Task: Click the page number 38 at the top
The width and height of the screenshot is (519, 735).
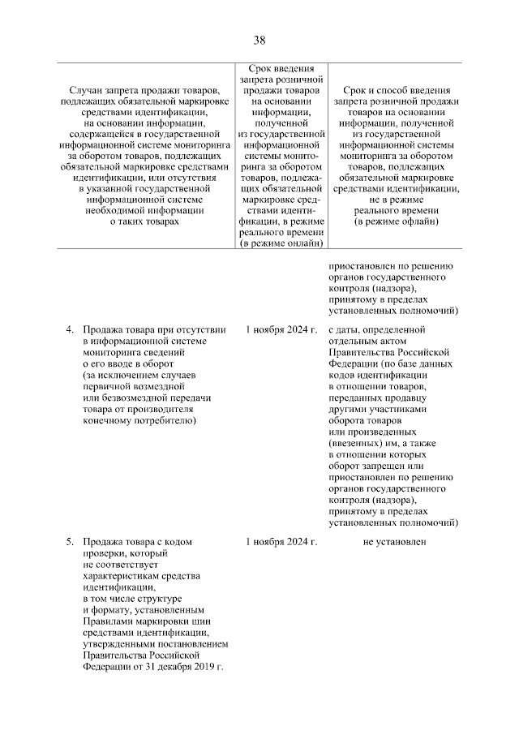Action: coord(259,40)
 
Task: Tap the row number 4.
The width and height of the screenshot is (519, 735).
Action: coord(70,329)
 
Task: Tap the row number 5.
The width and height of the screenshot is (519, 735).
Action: coord(70,540)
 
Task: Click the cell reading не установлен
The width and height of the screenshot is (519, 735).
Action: coord(394,540)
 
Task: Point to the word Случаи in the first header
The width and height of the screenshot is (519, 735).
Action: coord(87,89)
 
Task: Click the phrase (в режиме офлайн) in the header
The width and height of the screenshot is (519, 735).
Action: coord(395,221)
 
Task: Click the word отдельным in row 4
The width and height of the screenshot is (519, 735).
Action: coord(358,341)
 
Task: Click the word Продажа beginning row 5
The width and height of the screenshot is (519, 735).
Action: coord(102,540)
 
